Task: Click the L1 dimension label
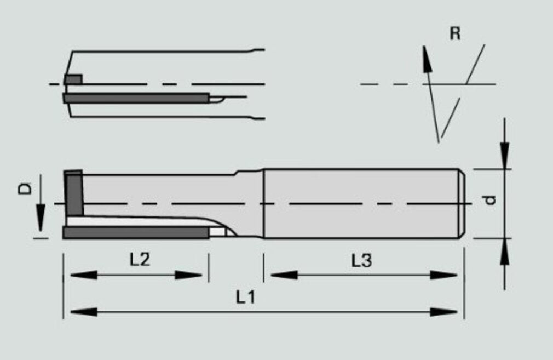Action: click(x=245, y=297)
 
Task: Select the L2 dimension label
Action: click(x=140, y=260)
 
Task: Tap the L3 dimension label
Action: click(x=361, y=261)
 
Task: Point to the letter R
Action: click(x=456, y=33)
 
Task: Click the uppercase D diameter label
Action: click(x=25, y=188)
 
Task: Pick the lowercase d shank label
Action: click(x=489, y=200)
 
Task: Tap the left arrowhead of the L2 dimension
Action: click(x=84, y=275)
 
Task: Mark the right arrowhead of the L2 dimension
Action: click(x=189, y=275)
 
